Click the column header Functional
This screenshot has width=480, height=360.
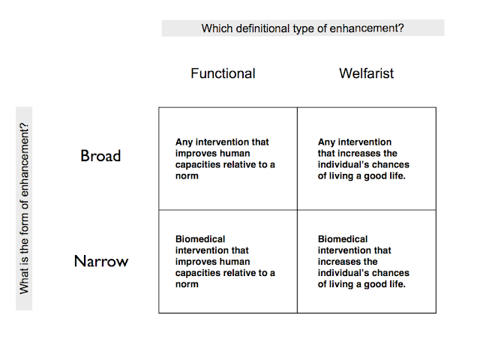[x=223, y=73]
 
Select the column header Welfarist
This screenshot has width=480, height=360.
[x=366, y=73]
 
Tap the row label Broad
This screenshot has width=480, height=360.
[x=100, y=156]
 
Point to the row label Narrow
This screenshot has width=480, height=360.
[x=101, y=262]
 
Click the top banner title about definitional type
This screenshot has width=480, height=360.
[x=303, y=28]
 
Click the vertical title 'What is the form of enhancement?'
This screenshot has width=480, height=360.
[x=25, y=208]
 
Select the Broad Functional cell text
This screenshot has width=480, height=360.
[x=225, y=158]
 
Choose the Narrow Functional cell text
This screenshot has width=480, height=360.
[x=225, y=262]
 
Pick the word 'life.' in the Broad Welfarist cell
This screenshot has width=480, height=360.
[x=393, y=175]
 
